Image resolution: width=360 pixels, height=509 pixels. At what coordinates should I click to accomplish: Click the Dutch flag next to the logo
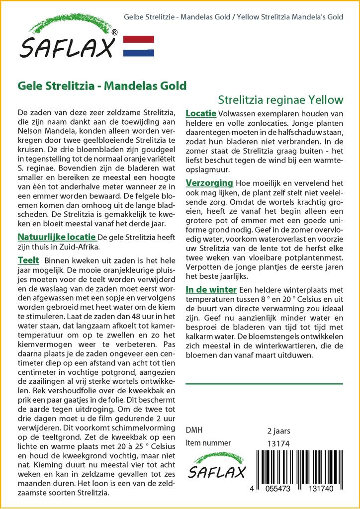tap(138, 46)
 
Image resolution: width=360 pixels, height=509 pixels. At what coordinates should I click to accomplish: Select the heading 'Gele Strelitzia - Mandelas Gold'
tap(102, 85)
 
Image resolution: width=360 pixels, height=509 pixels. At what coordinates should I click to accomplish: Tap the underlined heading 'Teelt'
tap(28, 260)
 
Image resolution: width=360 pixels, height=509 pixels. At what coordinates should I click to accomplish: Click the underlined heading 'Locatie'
tap(200, 113)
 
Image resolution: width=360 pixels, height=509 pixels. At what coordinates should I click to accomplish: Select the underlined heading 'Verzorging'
tap(209, 183)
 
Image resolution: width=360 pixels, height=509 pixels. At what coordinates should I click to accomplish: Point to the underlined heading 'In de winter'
tap(211, 290)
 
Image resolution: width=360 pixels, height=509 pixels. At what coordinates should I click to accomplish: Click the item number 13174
tap(278, 443)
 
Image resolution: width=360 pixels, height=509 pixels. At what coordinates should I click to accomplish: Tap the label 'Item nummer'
tap(208, 443)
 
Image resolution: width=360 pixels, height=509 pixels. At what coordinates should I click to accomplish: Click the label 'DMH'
tap(194, 430)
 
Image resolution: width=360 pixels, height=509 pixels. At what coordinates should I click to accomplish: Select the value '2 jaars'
tap(278, 430)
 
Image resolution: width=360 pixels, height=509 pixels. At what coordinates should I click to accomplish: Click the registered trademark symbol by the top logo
tap(114, 32)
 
